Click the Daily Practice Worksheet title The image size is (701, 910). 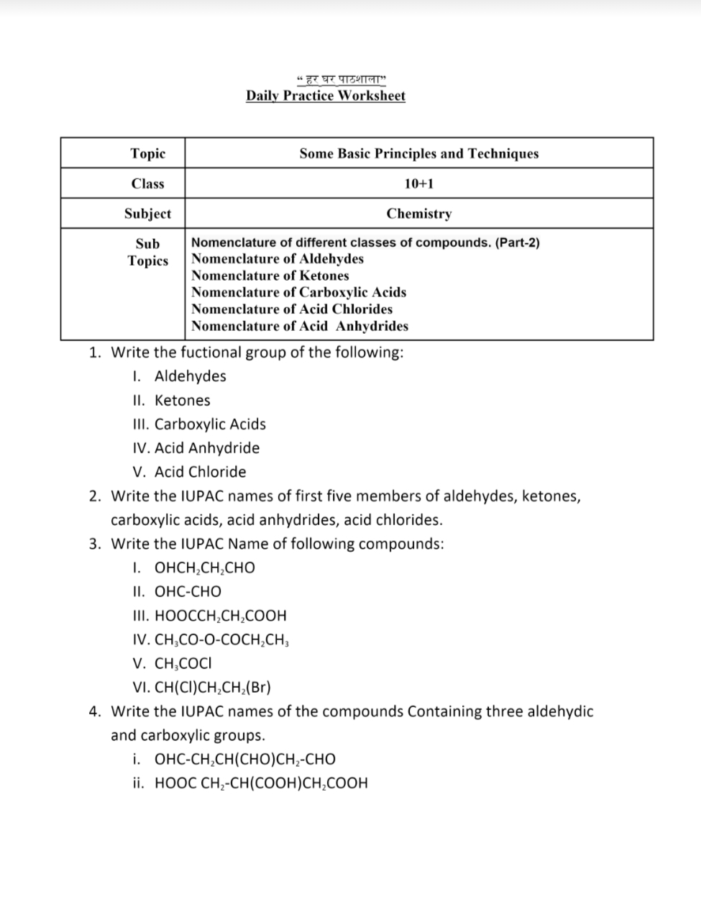(x=325, y=96)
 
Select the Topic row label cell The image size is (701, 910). (x=147, y=153)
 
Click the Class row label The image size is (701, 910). (x=147, y=183)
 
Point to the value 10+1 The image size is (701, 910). (x=418, y=183)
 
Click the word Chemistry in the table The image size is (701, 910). (x=418, y=214)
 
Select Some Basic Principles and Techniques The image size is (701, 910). (x=418, y=153)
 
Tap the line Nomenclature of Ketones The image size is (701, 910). (x=270, y=276)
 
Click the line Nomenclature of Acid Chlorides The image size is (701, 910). (x=291, y=309)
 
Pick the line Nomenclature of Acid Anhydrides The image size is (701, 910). (x=299, y=326)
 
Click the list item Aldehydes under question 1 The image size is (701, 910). (x=190, y=376)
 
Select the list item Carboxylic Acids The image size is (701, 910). (x=210, y=424)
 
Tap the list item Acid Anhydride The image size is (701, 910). (x=207, y=448)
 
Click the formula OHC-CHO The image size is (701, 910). (x=188, y=591)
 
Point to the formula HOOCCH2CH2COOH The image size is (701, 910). (x=220, y=616)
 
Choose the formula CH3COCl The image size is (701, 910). (x=183, y=663)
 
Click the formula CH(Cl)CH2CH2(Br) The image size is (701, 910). (x=212, y=687)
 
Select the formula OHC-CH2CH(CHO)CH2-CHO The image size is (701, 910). (x=244, y=760)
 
